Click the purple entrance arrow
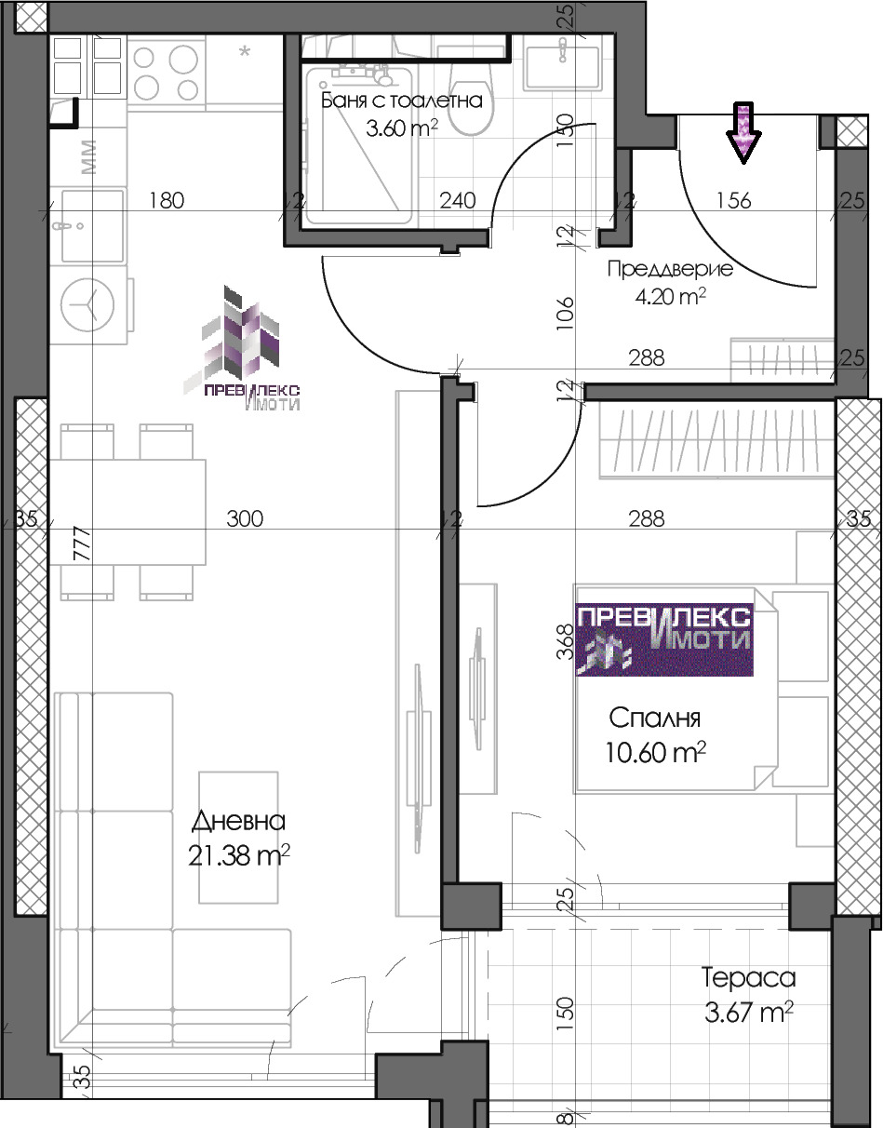coord(743,132)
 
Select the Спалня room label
coord(655,718)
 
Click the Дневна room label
coord(238,821)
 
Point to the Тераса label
coord(748,978)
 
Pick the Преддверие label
coord(670,269)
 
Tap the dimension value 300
coord(245,518)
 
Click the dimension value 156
coord(733,200)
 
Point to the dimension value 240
coord(458,200)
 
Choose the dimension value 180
coord(167,200)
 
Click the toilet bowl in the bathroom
coord(471,104)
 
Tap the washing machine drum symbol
coord(87,304)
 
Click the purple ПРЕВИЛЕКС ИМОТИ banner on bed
coord(664,640)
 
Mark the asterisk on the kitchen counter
coord(245,52)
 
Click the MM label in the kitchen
coord(88,156)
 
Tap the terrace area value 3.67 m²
coord(749,1013)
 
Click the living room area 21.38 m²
coord(238,856)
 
